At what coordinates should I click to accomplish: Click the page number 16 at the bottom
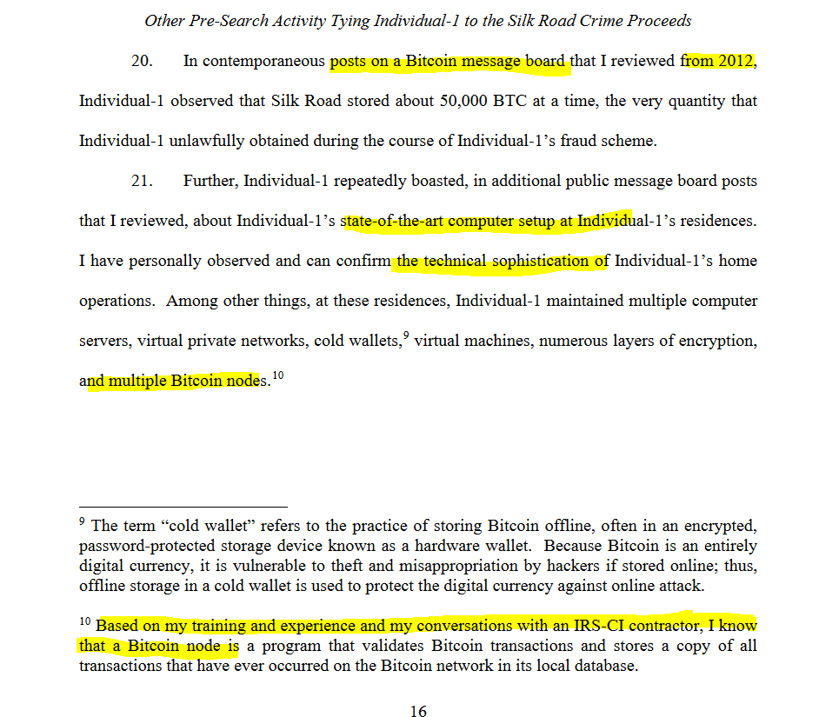tap(418, 711)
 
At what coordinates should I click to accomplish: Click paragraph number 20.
tap(143, 62)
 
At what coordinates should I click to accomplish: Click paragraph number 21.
tap(143, 182)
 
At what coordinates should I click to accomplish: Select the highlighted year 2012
tap(736, 62)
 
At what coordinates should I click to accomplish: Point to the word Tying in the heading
tap(351, 20)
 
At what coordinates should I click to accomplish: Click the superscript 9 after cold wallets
tap(405, 335)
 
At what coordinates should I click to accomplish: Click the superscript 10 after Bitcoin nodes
tap(277, 375)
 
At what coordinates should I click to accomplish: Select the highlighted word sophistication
tap(534, 261)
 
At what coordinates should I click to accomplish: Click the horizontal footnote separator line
tap(183, 506)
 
